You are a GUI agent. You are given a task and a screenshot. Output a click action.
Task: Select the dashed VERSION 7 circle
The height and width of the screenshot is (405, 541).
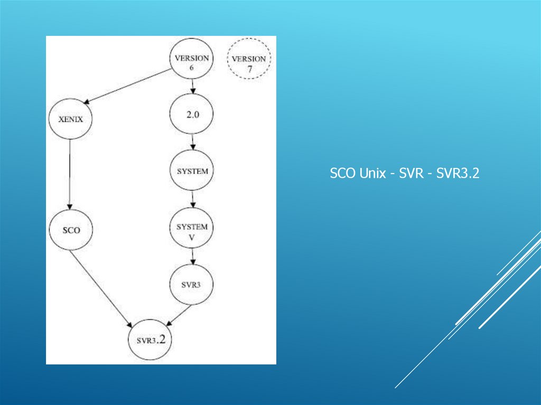[x=249, y=59]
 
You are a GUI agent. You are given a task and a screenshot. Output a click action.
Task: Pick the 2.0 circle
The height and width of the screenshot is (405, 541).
[x=192, y=115]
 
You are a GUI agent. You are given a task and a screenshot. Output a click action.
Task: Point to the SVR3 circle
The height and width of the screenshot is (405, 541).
[x=192, y=284]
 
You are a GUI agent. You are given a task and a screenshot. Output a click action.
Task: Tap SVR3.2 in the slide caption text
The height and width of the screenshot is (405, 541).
[x=458, y=174]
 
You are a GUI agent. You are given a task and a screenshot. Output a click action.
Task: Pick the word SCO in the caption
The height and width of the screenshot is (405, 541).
[x=342, y=174]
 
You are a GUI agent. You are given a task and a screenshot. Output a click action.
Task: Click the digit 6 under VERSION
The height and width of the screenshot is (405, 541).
[x=192, y=68]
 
